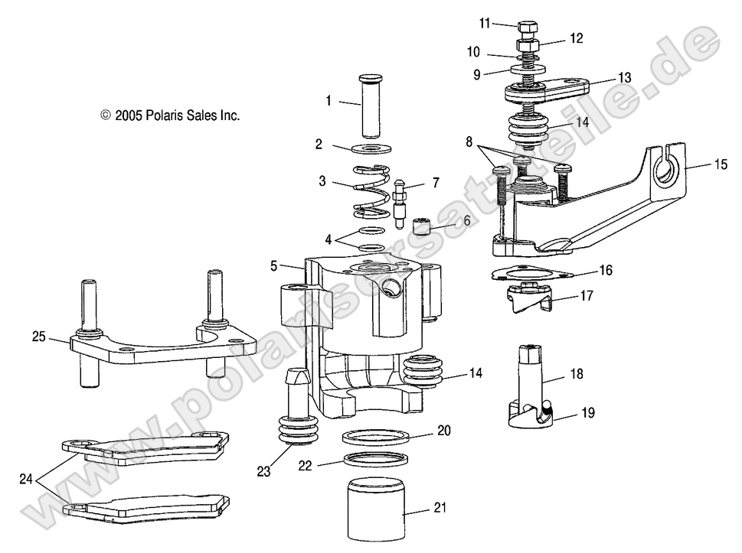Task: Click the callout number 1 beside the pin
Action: (x=328, y=100)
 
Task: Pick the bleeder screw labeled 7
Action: (x=400, y=203)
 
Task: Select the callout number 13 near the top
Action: (x=625, y=77)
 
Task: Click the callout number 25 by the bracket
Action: (x=38, y=336)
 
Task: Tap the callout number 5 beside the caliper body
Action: (x=273, y=267)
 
